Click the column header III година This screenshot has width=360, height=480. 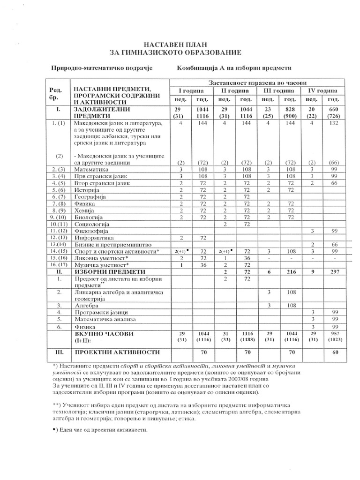pyautogui.click(x=279, y=90)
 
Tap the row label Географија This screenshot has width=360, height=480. pyautogui.click(x=91, y=197)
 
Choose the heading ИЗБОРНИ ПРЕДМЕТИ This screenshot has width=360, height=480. pyautogui.click(x=107, y=272)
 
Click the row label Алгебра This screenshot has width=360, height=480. pyautogui.click(x=87, y=305)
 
